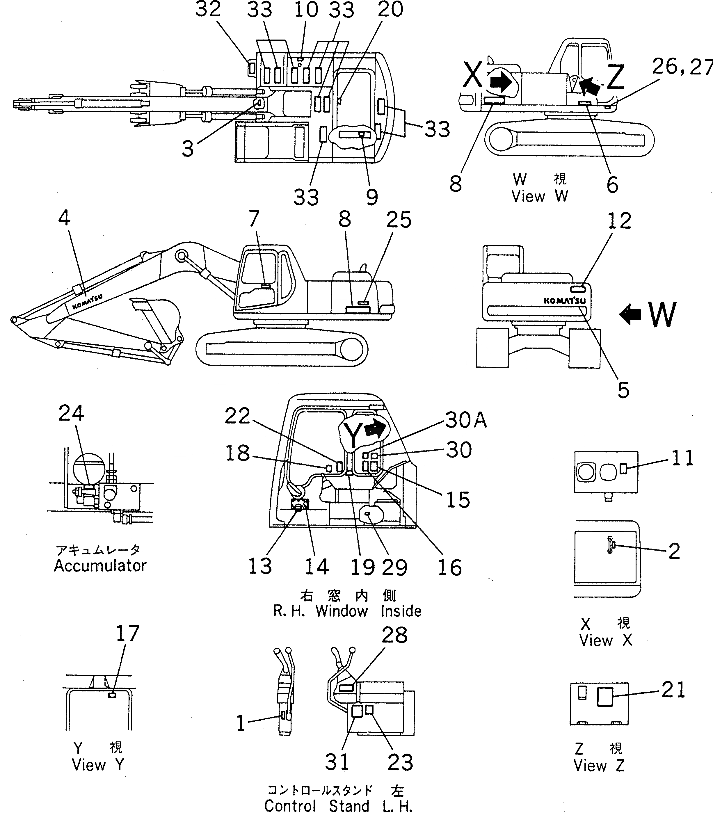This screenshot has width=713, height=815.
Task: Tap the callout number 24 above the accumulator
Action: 71,413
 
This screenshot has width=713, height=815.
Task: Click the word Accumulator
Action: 100,566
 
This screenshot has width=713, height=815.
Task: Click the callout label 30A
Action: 465,420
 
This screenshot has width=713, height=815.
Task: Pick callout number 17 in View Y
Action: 127,634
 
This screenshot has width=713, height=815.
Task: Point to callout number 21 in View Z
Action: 673,690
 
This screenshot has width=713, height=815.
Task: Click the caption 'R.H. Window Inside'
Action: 347,611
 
